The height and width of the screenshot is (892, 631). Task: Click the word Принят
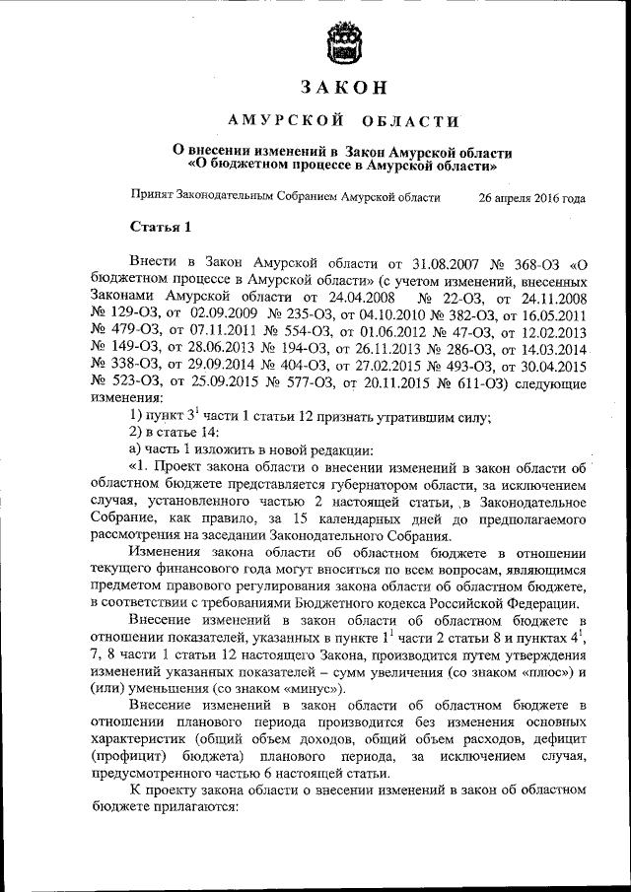[x=153, y=197]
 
